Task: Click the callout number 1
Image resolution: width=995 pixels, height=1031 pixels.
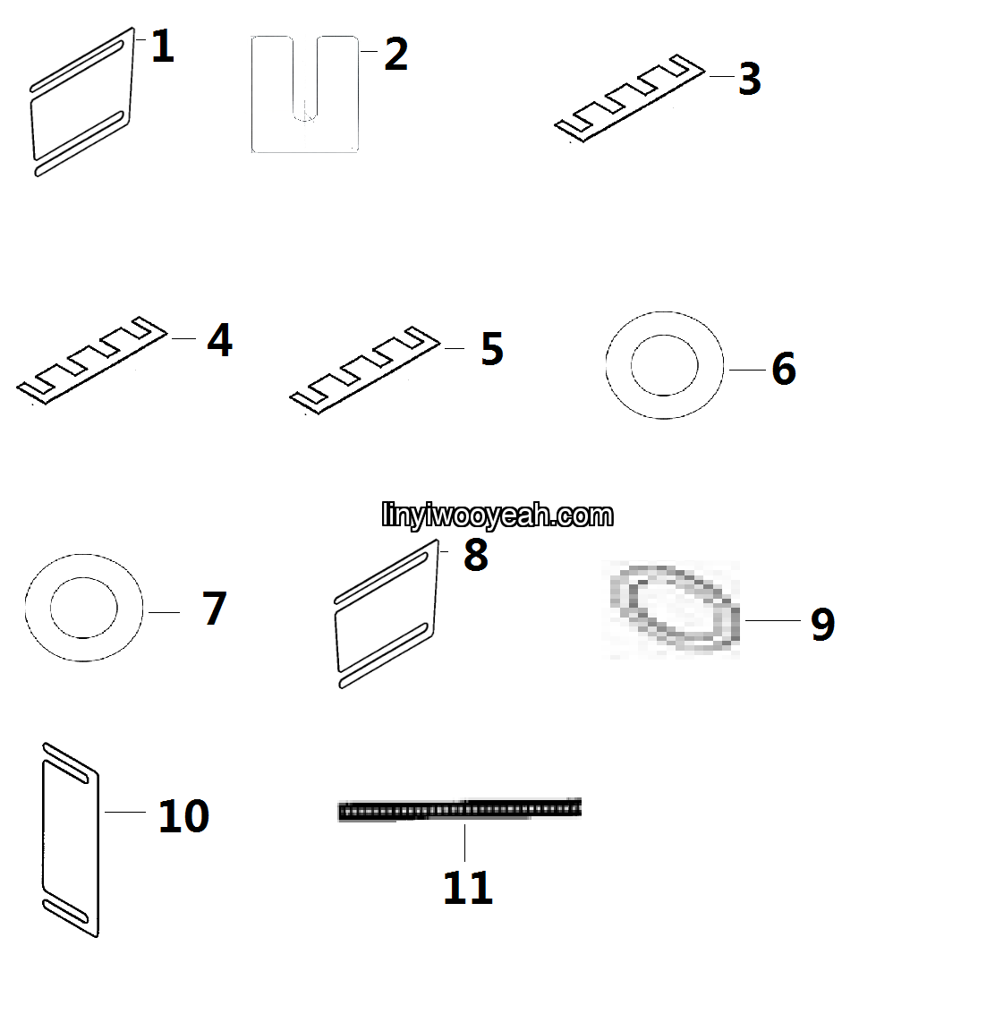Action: click(x=162, y=46)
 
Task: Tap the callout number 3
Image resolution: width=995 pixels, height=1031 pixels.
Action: click(x=750, y=79)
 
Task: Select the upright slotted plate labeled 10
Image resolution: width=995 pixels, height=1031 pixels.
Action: click(x=71, y=840)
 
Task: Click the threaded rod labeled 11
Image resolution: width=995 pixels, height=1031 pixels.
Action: click(x=459, y=810)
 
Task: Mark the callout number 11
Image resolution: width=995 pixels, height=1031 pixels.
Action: click(x=468, y=888)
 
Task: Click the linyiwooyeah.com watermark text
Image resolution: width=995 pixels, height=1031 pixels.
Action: click(x=497, y=515)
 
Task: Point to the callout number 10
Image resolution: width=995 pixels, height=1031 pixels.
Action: click(x=184, y=816)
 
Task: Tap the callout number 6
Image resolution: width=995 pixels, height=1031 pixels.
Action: click(x=784, y=368)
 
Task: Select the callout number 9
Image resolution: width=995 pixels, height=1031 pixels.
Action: click(x=823, y=624)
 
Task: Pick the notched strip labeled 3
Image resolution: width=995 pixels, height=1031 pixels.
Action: click(x=630, y=98)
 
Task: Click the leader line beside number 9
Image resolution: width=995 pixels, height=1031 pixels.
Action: click(x=773, y=620)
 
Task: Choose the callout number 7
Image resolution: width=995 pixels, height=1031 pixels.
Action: click(x=214, y=609)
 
